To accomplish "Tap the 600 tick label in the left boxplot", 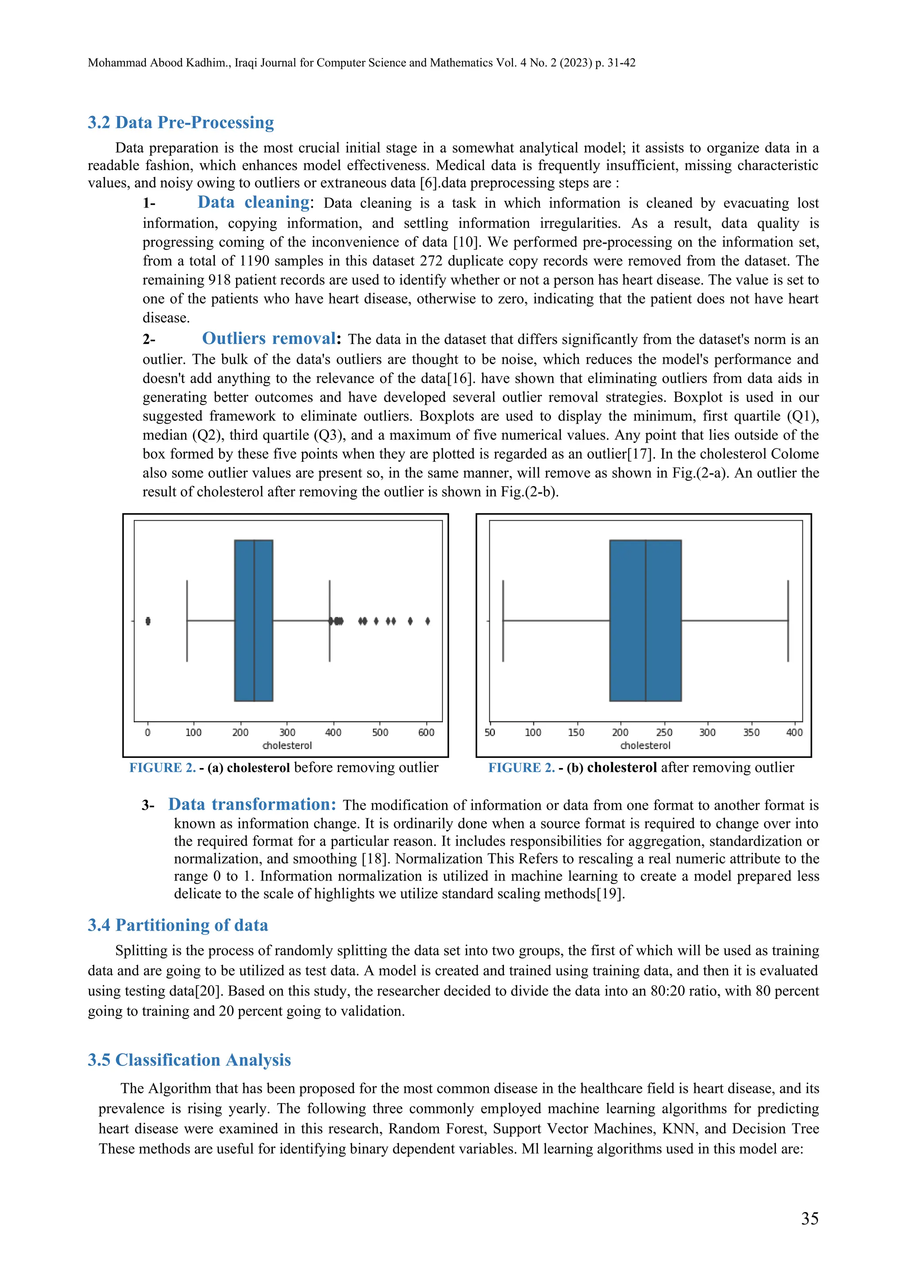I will pos(426,732).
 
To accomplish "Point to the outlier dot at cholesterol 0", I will pos(148,621).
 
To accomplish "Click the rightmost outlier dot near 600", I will pos(427,621).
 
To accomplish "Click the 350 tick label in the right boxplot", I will pos(751,732).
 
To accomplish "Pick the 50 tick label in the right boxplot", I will pos(490,732).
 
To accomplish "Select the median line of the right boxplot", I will pos(646,620).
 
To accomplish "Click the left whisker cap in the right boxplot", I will pos(503,620).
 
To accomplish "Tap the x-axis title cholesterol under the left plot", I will pos(287,745).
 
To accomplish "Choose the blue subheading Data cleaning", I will pos(254,202).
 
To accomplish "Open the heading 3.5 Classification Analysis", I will pos(190,1060).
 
